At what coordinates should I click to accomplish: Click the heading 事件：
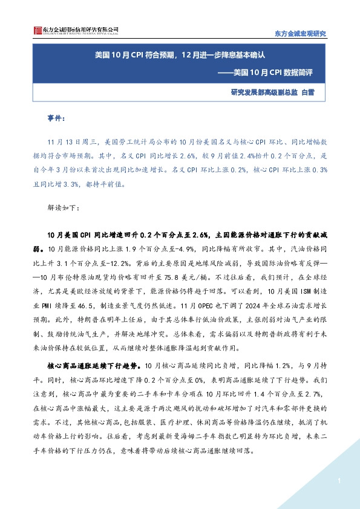click(x=58, y=117)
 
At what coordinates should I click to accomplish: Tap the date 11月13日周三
click(x=71, y=143)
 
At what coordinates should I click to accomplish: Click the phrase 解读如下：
click(x=62, y=207)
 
